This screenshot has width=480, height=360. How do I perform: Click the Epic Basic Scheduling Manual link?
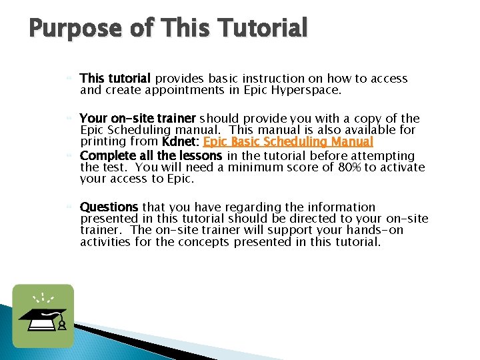[x=288, y=142]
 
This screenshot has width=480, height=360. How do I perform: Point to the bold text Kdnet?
[x=181, y=142]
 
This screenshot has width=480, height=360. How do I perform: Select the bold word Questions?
[x=109, y=207]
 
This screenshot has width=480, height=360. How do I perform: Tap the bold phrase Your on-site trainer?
[x=137, y=119]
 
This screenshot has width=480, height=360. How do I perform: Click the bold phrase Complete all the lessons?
[x=151, y=156]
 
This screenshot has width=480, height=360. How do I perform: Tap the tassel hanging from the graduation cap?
[x=61, y=324]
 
